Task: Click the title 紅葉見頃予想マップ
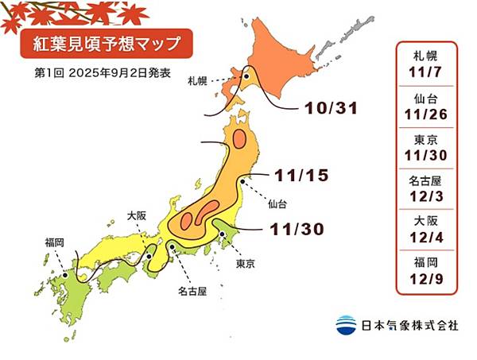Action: tap(95, 41)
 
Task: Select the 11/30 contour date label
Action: tap(296, 229)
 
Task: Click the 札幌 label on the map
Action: tap(198, 81)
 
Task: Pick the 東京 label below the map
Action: tap(245, 263)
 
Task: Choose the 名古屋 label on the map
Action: tap(192, 291)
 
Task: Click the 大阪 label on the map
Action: tap(137, 215)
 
